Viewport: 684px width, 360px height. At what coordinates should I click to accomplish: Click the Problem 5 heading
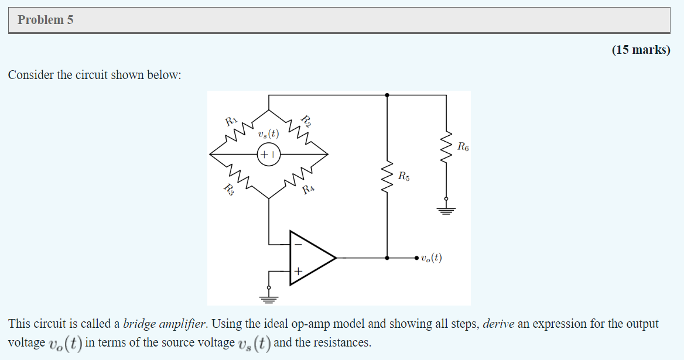pos(46,20)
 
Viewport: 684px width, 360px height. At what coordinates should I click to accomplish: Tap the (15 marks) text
pos(641,50)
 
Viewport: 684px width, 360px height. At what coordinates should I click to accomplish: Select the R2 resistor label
pos(306,122)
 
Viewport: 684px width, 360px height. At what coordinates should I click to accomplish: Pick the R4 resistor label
pos(309,189)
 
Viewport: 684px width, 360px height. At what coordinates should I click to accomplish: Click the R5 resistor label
pos(404,175)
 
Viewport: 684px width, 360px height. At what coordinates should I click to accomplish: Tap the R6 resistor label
pos(463,146)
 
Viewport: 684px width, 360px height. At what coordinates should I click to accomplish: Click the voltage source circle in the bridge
pos(269,155)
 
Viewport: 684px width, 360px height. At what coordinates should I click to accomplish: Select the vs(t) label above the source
pos(268,135)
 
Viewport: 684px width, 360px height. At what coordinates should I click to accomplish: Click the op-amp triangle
pos(310,258)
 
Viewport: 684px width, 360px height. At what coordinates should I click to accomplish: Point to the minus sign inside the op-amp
pos(297,244)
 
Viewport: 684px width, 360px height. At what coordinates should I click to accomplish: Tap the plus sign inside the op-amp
pos(297,272)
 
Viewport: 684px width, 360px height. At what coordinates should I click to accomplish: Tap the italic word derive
pos(498,324)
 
